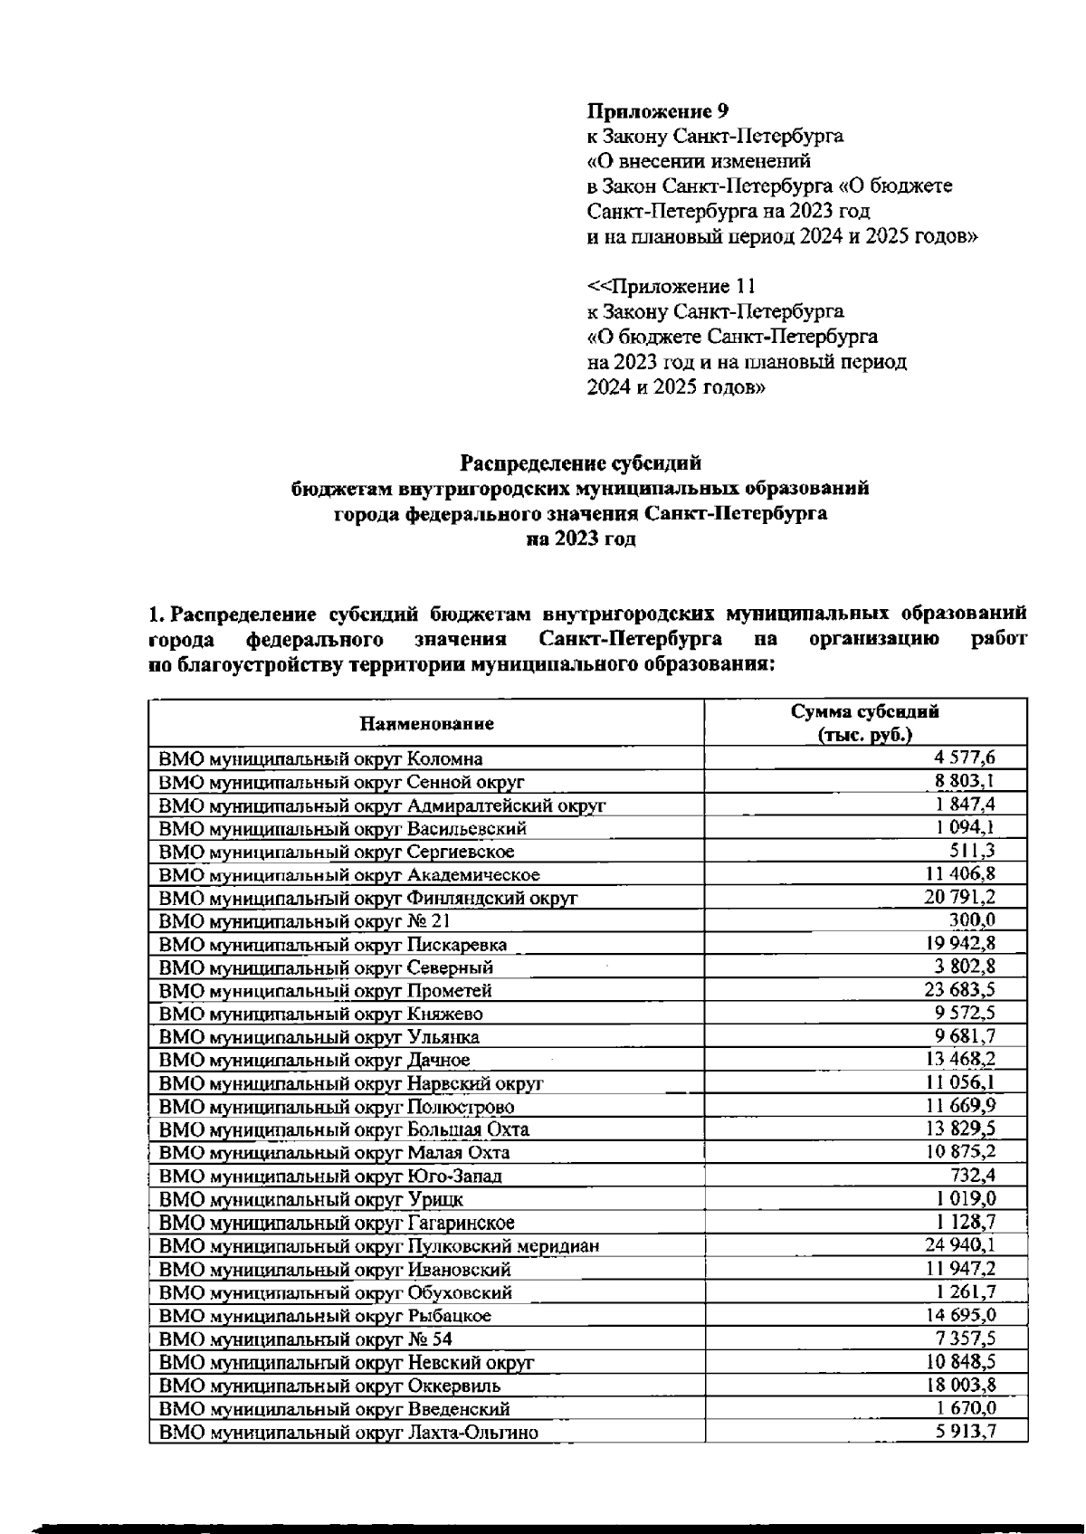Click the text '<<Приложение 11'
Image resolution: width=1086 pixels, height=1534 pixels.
pos(671,286)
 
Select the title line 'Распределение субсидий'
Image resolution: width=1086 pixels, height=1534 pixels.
pos(580,463)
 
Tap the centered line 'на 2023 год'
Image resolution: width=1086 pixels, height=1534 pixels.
pos(580,539)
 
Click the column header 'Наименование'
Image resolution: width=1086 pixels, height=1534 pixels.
pos(426,723)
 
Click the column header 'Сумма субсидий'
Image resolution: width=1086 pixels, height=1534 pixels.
pos(865,711)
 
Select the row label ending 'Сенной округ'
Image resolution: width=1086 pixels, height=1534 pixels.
pos(342,782)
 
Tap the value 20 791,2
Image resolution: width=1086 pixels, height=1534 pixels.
pos(961,896)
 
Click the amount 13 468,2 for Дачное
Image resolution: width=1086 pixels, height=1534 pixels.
pos(961,1058)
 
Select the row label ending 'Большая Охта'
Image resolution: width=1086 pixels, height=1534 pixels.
pos(344,1129)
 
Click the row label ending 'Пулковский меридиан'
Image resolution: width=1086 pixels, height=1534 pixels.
pos(379,1246)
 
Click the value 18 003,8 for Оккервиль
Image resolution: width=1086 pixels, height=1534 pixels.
pos(961,1384)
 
